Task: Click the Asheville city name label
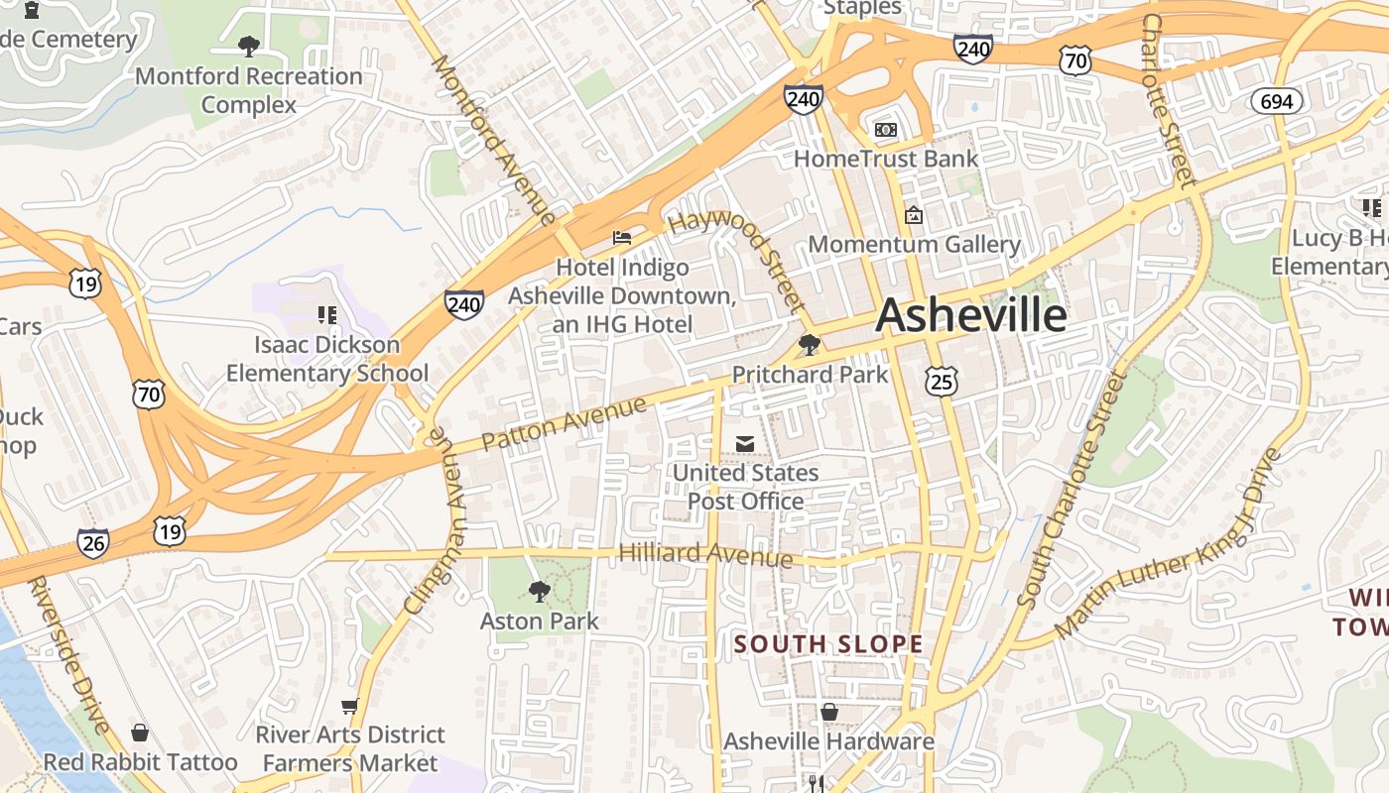971,315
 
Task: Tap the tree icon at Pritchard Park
810,345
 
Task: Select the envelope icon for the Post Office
745,444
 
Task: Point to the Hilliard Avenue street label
705,554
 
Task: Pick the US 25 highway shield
943,379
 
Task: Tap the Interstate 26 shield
93,542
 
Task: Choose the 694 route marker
1276,101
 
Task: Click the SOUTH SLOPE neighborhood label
828,644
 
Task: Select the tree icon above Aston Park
539,592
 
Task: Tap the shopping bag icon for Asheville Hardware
829,712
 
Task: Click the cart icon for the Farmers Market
349,706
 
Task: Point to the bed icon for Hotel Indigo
622,237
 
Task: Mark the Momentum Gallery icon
914,214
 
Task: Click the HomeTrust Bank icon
885,130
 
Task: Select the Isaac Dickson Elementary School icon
327,315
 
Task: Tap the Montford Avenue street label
493,139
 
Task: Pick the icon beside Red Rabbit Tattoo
140,733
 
